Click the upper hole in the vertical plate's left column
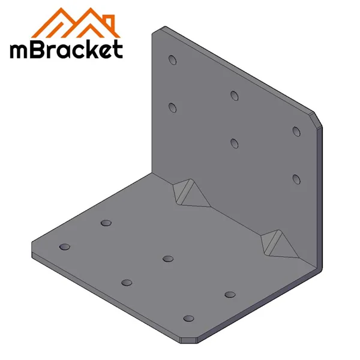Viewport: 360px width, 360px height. click(172, 60)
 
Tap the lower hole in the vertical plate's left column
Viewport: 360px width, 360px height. click(172, 107)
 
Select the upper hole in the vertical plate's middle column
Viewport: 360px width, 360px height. click(234, 95)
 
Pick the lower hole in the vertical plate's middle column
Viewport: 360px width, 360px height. click(234, 142)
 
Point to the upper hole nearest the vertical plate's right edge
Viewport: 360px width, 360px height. click(296, 131)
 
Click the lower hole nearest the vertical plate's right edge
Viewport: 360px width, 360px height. click(296, 178)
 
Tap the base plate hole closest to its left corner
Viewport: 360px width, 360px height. click(65, 247)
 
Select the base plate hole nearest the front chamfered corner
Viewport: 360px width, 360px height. click(189, 319)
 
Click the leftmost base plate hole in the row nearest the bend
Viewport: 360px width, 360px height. click(106, 223)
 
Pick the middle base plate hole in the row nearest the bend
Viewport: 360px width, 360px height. click(168, 259)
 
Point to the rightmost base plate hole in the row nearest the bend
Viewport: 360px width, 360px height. click(230, 294)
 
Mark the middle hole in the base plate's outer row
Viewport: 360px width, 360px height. click(127, 283)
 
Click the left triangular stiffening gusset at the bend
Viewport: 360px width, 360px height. click(187, 193)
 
